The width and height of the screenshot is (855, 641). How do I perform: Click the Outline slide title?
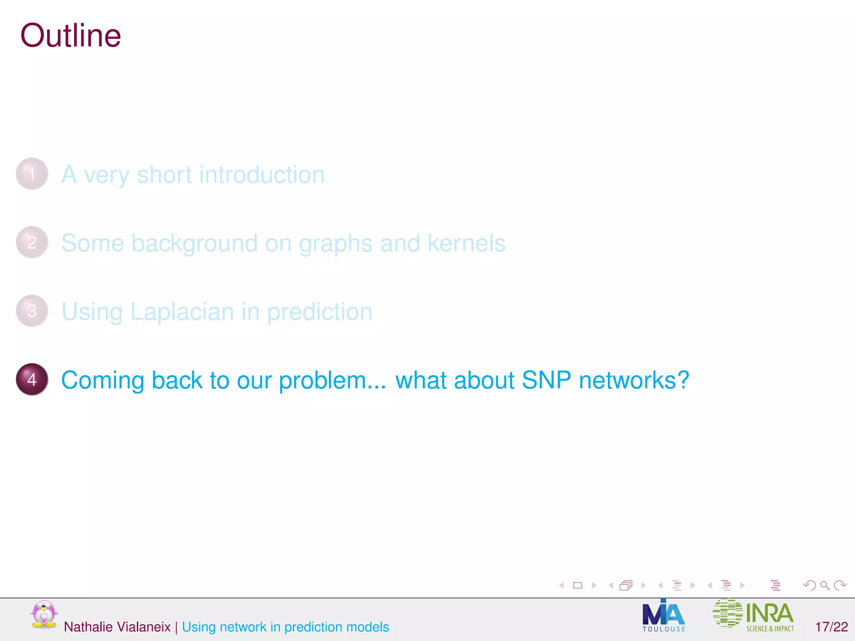71,36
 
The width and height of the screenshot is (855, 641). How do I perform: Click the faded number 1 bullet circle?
32,174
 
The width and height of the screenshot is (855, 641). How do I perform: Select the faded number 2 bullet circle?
32,242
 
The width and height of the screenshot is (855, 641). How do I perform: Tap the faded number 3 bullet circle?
32,311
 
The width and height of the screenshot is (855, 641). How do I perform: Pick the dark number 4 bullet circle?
32,379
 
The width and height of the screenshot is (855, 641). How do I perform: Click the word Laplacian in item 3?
182,312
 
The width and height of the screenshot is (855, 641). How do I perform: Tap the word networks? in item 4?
634,380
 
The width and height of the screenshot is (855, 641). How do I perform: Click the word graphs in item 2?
336,244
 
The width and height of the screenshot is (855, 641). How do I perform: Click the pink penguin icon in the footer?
43,614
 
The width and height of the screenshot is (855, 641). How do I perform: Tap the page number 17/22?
832,627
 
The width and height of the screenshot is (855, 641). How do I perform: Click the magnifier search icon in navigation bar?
825,585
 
